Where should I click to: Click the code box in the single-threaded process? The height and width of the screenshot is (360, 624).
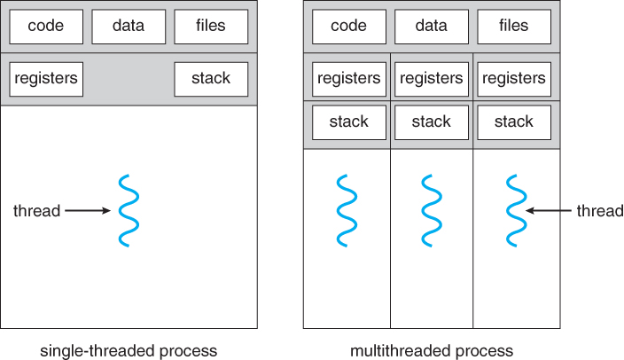[x=46, y=27]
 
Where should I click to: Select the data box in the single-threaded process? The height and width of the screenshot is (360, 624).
[x=129, y=27]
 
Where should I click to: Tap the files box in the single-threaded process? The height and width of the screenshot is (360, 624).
[x=211, y=27]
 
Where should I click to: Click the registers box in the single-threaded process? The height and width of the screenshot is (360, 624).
[x=46, y=79]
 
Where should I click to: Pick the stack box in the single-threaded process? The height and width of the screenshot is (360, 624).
[x=211, y=79]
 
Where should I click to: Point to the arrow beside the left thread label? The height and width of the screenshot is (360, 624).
[x=88, y=211]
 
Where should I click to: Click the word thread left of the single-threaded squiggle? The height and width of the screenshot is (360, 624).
[x=37, y=211]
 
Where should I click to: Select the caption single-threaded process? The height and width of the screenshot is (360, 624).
[x=129, y=350]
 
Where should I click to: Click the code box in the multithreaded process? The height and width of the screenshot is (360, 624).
[x=349, y=27]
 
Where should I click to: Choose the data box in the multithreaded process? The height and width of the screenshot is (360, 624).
[x=432, y=27]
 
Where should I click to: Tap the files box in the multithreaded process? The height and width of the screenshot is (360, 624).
[x=514, y=27]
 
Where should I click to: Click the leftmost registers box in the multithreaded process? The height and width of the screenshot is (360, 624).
[x=349, y=79]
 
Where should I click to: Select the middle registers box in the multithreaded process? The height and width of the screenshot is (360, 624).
[x=432, y=79]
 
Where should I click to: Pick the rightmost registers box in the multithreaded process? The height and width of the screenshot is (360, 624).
[x=514, y=79]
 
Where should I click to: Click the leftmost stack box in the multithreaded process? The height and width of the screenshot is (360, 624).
[x=349, y=121]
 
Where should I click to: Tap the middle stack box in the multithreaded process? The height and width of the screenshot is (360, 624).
[x=432, y=121]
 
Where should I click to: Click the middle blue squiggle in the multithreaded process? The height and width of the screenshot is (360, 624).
[x=432, y=210]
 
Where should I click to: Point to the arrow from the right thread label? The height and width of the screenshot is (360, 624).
[x=549, y=211]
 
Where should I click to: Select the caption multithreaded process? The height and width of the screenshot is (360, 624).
[x=431, y=350]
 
